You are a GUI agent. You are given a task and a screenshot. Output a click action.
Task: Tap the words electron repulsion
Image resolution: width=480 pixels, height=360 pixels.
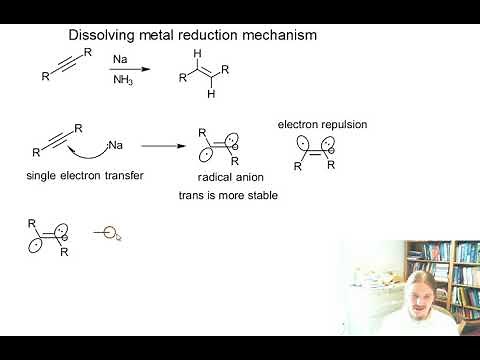tap(323, 126)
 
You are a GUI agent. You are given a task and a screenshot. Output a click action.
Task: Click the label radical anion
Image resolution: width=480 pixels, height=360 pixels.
tap(228, 177)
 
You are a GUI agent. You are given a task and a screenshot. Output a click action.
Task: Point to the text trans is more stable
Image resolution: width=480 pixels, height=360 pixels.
tap(228, 194)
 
